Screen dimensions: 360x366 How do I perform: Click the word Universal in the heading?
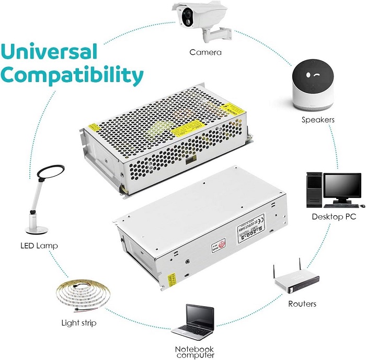click(49, 52)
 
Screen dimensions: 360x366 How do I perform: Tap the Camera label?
click(205, 52)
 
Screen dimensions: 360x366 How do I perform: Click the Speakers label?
click(318, 120)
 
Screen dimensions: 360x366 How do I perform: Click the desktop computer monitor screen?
click(342, 189)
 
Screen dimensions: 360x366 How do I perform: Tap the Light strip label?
click(78, 323)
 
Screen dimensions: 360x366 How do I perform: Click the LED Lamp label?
click(39, 245)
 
